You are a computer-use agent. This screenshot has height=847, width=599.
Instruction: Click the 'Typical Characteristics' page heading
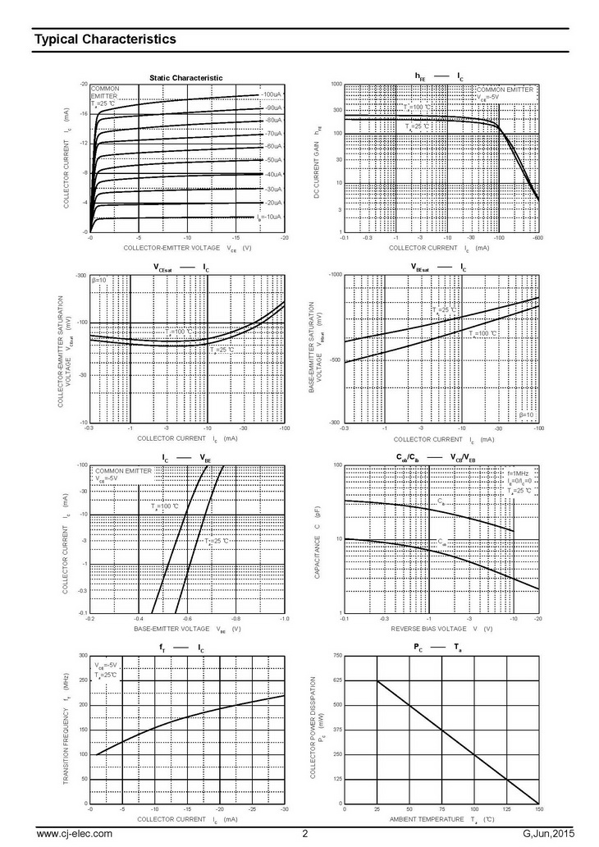104,39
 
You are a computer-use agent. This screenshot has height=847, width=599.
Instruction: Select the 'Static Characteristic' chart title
185,77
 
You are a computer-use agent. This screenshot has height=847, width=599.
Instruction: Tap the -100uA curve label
272,95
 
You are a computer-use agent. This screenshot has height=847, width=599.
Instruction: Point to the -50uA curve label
272,160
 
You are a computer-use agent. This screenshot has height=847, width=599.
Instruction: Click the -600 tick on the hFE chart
537,238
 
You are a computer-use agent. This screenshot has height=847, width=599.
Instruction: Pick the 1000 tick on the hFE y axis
336,85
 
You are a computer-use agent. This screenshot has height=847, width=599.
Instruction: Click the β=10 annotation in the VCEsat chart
99,280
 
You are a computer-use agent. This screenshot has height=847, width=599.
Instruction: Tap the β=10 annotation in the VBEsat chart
526,415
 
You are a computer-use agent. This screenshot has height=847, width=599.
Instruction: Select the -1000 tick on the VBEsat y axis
334,274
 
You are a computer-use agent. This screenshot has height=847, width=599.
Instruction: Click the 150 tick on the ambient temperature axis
538,809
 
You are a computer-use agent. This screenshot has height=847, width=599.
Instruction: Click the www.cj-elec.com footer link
74,835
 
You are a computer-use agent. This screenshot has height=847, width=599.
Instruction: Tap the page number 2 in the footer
304,835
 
